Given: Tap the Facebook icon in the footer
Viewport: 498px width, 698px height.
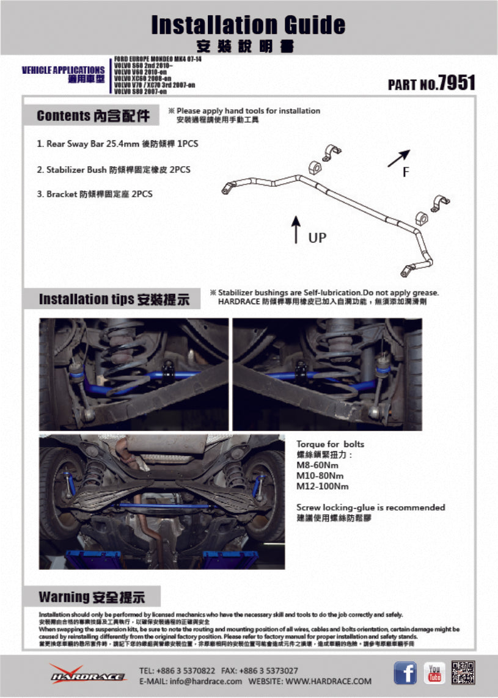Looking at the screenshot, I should tap(405, 674).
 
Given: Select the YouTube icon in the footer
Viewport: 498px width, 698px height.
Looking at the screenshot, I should tap(434, 674).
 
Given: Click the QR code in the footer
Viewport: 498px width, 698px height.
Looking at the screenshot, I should tap(463, 674).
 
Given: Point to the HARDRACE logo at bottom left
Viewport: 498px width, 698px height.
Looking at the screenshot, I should tap(87, 674).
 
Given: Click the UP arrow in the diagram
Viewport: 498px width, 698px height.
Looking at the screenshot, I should tap(296, 229).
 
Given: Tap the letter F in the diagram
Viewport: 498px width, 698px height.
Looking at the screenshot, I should tap(406, 173).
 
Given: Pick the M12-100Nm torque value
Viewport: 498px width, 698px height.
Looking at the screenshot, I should tap(322, 487).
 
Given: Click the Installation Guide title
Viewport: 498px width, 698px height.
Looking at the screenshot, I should tap(248, 25).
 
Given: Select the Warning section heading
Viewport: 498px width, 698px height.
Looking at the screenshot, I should tap(92, 597).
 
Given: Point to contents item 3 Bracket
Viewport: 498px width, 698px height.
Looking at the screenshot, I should tap(95, 194).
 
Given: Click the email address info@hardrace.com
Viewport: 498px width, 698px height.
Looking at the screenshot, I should tap(191, 681).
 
